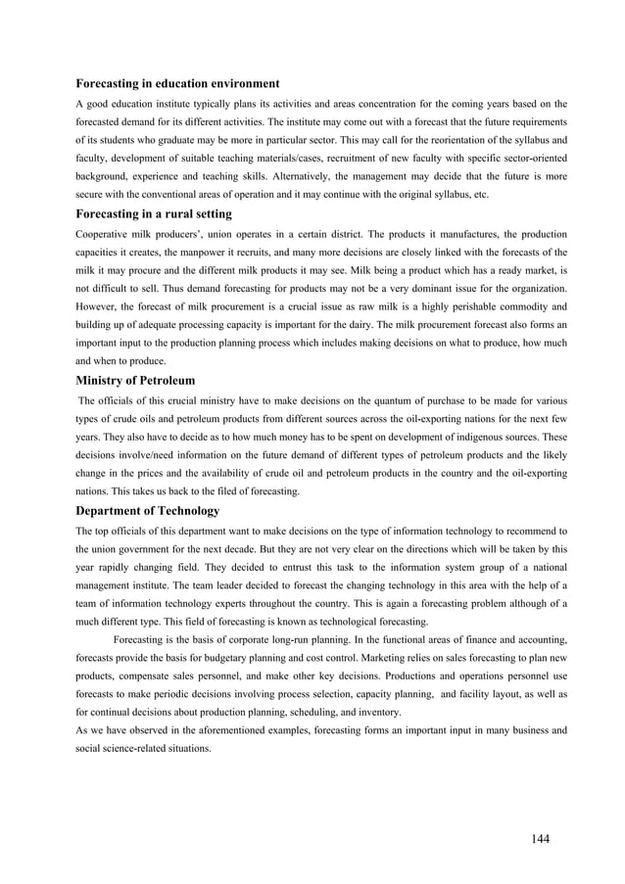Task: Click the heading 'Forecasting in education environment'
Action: pyautogui.click(x=178, y=83)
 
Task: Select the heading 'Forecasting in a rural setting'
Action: pyautogui.click(x=154, y=214)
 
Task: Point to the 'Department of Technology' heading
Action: pyautogui.click(x=148, y=511)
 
